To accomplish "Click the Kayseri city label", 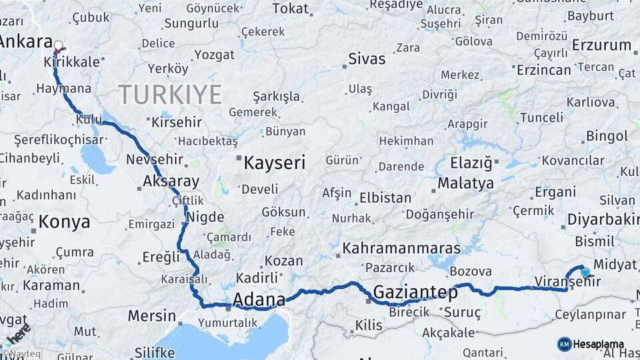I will point(274,163).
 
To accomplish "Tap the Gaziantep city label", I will point(415,292).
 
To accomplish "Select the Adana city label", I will point(259,299).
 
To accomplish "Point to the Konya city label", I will point(64,222).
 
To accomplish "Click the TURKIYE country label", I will point(170,95).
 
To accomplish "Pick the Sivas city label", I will point(367,59).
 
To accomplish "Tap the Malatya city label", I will point(466,183).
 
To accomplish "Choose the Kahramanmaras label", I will point(401,248).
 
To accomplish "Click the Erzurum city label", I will point(602,45).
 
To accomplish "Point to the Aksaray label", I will point(171,181).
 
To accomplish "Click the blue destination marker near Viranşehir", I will point(585,272).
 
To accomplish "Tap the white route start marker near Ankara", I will point(58,46).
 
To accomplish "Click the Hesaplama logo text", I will point(599,344).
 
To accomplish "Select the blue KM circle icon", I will point(564,344).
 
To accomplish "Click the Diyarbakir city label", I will point(603,220).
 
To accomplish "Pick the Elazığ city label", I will point(471,163).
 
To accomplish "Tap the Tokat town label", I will point(291,9).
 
